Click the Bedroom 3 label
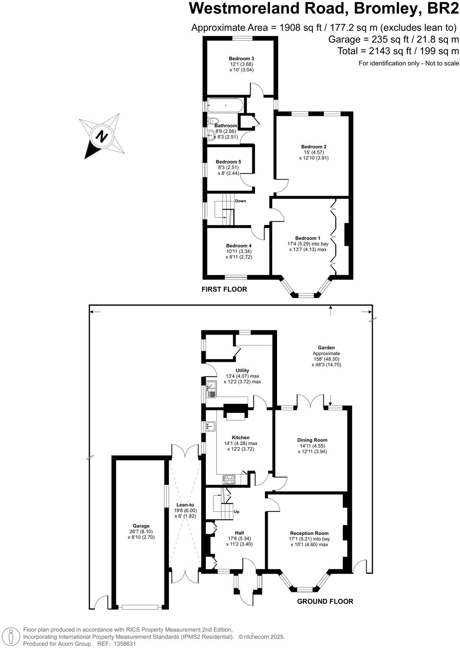point(241,59)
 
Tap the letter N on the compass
point(101,137)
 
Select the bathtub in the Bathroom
point(225,105)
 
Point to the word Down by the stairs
point(241,201)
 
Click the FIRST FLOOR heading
point(224,289)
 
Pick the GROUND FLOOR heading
point(325,601)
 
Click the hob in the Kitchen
point(229,480)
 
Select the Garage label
point(141,526)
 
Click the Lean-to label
point(185,505)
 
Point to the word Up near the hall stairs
point(237,512)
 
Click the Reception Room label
point(309,533)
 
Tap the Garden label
point(326,348)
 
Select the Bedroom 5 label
point(228,162)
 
